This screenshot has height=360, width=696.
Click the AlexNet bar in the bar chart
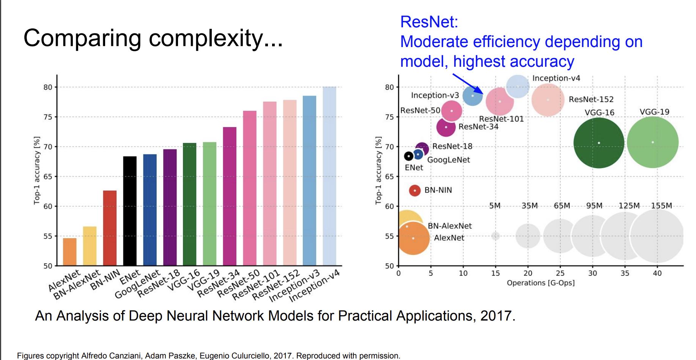pos(70,252)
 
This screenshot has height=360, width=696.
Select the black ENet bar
pos(130,211)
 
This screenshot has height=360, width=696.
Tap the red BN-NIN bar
pos(110,228)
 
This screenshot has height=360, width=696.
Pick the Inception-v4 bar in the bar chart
pos(329,176)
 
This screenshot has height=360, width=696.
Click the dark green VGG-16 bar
pos(190,204)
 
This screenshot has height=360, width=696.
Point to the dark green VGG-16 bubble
pos(599,143)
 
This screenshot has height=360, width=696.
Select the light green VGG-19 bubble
pos(653,142)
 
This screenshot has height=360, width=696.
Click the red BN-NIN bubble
pos(415,190)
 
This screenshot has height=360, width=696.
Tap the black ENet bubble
pos(409,156)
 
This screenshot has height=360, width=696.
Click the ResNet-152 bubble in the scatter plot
pos(548,100)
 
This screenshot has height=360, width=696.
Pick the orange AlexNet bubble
pos(413,238)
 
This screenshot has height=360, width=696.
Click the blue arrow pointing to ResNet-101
pos(468,84)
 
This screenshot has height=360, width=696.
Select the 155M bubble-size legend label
pos(661,206)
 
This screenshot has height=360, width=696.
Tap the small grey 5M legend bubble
pos(496,236)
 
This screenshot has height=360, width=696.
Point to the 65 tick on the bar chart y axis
pos(48,176)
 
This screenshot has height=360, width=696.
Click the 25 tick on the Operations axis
pos(560,273)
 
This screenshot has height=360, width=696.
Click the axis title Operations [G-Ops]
pos(541,283)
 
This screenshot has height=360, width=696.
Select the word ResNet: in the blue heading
pos(429,22)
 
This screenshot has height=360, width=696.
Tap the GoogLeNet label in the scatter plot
pos(449,160)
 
